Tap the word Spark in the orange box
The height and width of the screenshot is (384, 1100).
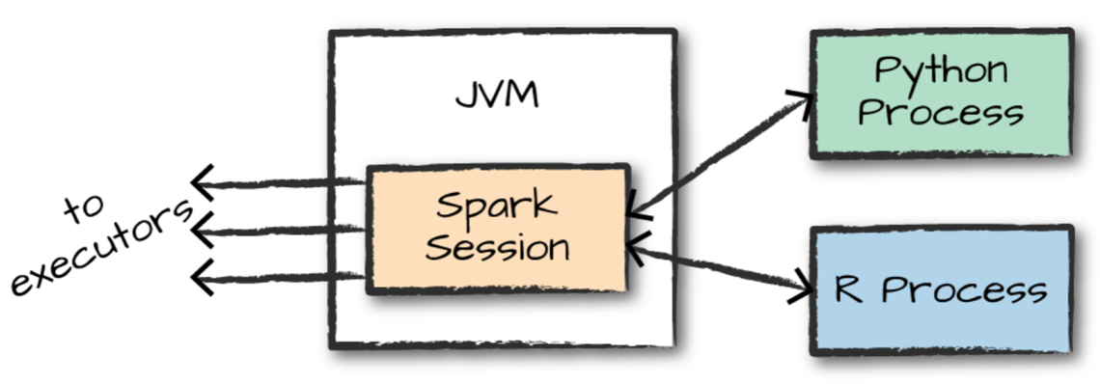tap(496, 206)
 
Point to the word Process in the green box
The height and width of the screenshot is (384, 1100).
tap(941, 113)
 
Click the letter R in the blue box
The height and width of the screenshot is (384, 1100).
tap(849, 289)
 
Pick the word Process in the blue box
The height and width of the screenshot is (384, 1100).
tap(965, 289)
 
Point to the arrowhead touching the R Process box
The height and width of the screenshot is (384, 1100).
tap(803, 289)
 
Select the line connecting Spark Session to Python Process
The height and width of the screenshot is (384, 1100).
tap(719, 154)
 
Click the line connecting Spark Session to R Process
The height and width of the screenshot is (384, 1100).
tap(719, 269)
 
